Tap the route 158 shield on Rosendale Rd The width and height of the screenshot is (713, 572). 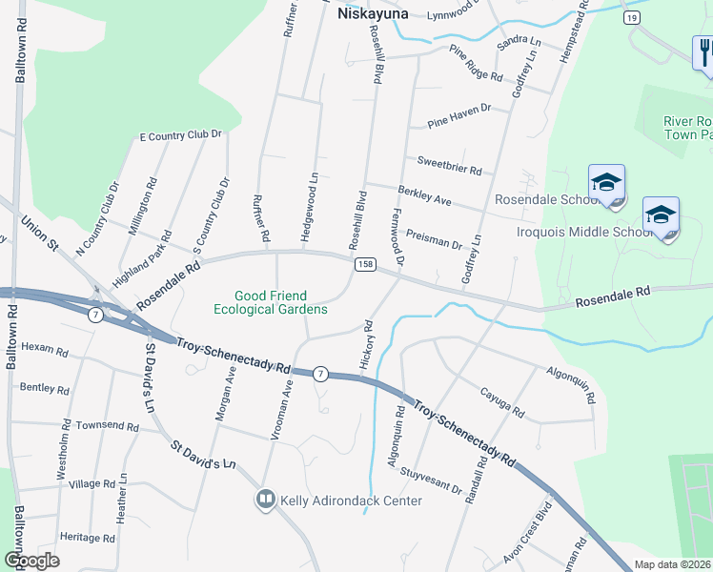pos(363,263)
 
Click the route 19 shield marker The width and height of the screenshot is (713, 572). pos(631,17)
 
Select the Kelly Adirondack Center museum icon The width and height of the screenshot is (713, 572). pos(265,499)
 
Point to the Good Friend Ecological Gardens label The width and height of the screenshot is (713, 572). pos(270,302)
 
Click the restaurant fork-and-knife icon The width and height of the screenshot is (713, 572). pos(703,51)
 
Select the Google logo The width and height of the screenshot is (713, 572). pos(31,560)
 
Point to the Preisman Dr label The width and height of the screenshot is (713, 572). pos(434,237)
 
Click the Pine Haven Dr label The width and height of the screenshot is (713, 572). pos(458,115)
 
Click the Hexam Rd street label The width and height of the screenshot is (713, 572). pos(45,351)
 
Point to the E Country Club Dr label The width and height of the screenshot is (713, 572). pos(180,136)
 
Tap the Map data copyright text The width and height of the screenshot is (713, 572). pos(672,564)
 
